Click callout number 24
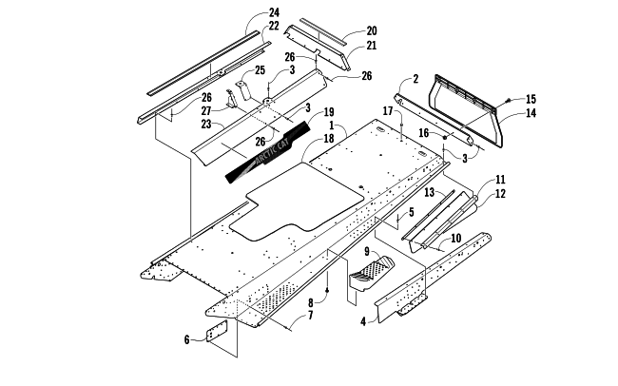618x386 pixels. [x=247, y=12]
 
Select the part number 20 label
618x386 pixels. [x=344, y=30]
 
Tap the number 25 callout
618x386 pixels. [x=259, y=72]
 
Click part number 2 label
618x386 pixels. [x=415, y=80]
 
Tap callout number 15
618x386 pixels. [x=531, y=99]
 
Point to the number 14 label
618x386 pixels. [x=531, y=112]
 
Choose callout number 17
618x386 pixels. [x=387, y=112]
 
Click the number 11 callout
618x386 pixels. [x=500, y=180]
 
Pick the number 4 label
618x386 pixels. [x=363, y=322]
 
